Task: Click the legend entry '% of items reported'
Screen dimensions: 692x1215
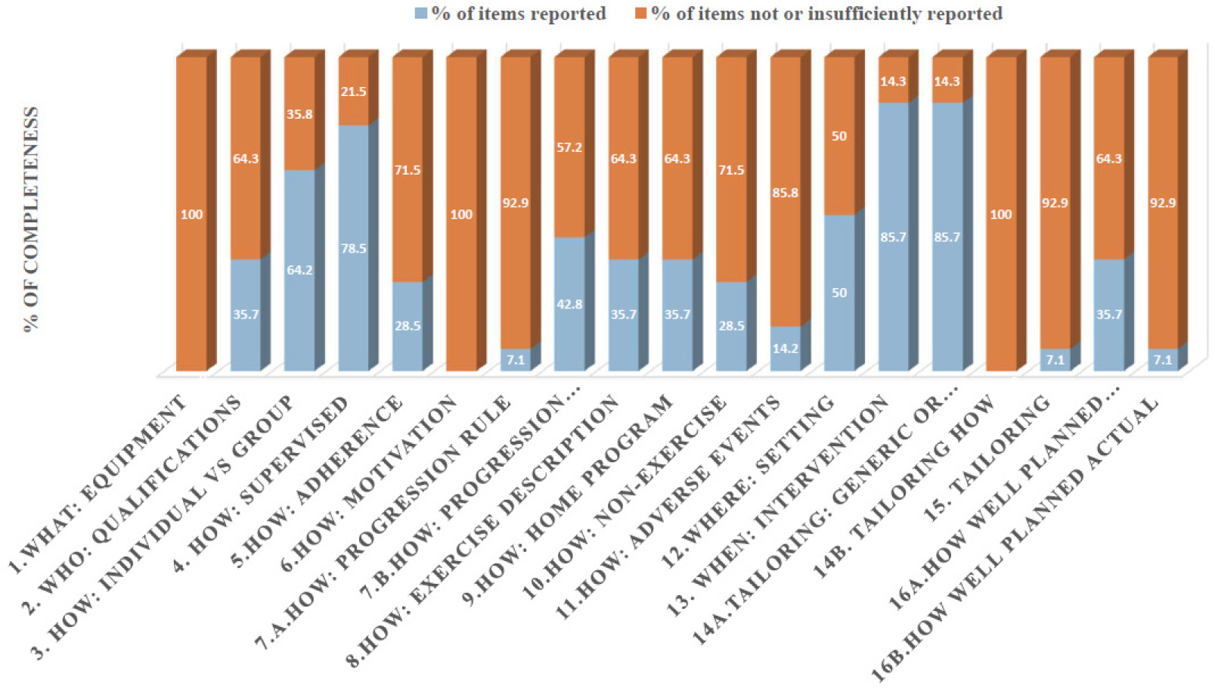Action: pyautogui.click(x=518, y=14)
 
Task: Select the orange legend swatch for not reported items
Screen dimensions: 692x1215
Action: pyautogui.click(x=640, y=14)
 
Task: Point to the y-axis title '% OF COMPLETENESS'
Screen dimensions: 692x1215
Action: pyautogui.click(x=30, y=219)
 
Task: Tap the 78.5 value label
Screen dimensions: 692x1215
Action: pyautogui.click(x=353, y=249)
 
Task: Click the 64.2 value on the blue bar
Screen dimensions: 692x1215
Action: pyautogui.click(x=299, y=270)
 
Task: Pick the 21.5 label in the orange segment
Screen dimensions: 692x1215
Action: pyautogui.click(x=353, y=92)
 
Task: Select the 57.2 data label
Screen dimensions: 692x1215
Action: pyautogui.click(x=569, y=147)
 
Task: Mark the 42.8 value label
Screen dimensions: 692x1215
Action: pyautogui.click(x=569, y=304)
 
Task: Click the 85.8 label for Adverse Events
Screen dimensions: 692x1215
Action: pyautogui.click(x=785, y=193)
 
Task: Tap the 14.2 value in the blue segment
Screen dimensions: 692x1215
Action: pyautogui.click(x=785, y=349)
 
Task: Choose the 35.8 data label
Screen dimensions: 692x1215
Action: pyautogui.click(x=299, y=114)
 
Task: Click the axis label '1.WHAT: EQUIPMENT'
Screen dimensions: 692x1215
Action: pyautogui.click(x=98, y=484)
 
